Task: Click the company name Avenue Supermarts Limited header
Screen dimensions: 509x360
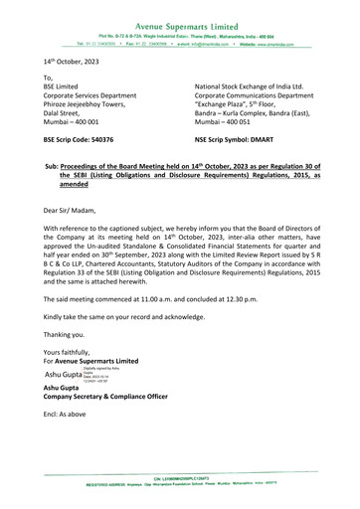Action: pos(180,8)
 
